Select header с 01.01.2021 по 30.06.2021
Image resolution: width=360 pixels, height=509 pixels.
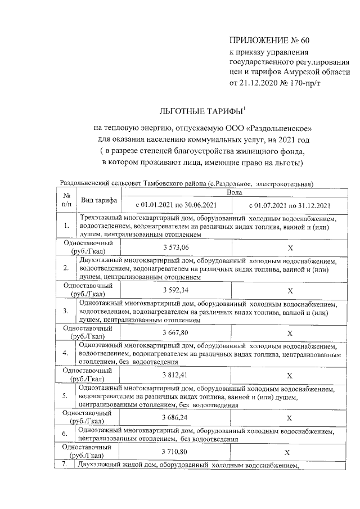(x=175, y=205)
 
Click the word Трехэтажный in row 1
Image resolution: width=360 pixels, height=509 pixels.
(x=103, y=218)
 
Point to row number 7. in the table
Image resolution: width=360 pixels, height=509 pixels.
(x=65, y=464)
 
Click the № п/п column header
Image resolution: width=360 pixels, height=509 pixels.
(x=66, y=200)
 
